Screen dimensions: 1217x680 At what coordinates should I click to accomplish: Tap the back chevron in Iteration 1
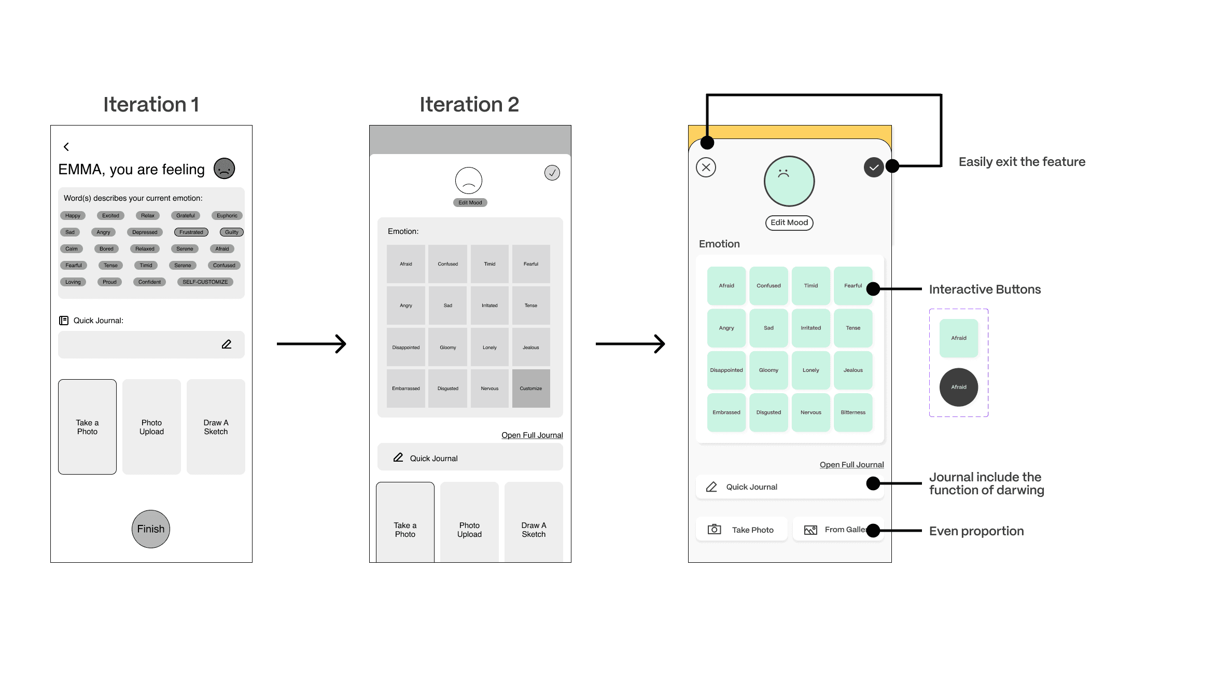click(66, 147)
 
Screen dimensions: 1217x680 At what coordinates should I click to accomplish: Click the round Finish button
click(151, 529)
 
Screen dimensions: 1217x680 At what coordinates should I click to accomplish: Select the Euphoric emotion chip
click(227, 216)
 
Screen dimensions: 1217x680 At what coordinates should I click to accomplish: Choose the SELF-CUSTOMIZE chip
click(205, 282)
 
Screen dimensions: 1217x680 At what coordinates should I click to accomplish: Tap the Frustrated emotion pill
click(191, 232)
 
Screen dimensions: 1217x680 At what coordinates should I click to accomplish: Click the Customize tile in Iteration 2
click(531, 388)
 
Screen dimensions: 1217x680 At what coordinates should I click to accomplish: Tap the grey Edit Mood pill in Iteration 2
click(470, 203)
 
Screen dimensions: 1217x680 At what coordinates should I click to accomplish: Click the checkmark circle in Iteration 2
click(552, 173)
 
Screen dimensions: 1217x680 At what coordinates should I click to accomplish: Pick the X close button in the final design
click(706, 168)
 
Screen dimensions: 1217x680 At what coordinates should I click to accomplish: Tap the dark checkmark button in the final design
click(874, 168)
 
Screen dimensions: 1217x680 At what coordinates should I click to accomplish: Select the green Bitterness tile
click(853, 412)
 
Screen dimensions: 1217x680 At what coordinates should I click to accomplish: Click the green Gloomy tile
click(768, 370)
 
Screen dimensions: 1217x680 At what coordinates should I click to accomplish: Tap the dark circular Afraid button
click(959, 387)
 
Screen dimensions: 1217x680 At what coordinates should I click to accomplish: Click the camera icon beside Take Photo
click(715, 530)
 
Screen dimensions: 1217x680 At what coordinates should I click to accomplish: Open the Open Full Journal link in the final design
click(852, 465)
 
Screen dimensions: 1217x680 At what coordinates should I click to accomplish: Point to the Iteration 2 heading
click(469, 104)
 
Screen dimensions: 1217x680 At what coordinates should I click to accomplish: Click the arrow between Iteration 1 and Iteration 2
click(312, 343)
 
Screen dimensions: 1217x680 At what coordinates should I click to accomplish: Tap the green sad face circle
click(789, 181)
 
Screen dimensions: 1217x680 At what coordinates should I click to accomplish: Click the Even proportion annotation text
click(976, 531)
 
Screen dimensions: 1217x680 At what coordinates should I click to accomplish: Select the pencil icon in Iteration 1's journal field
click(227, 344)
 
